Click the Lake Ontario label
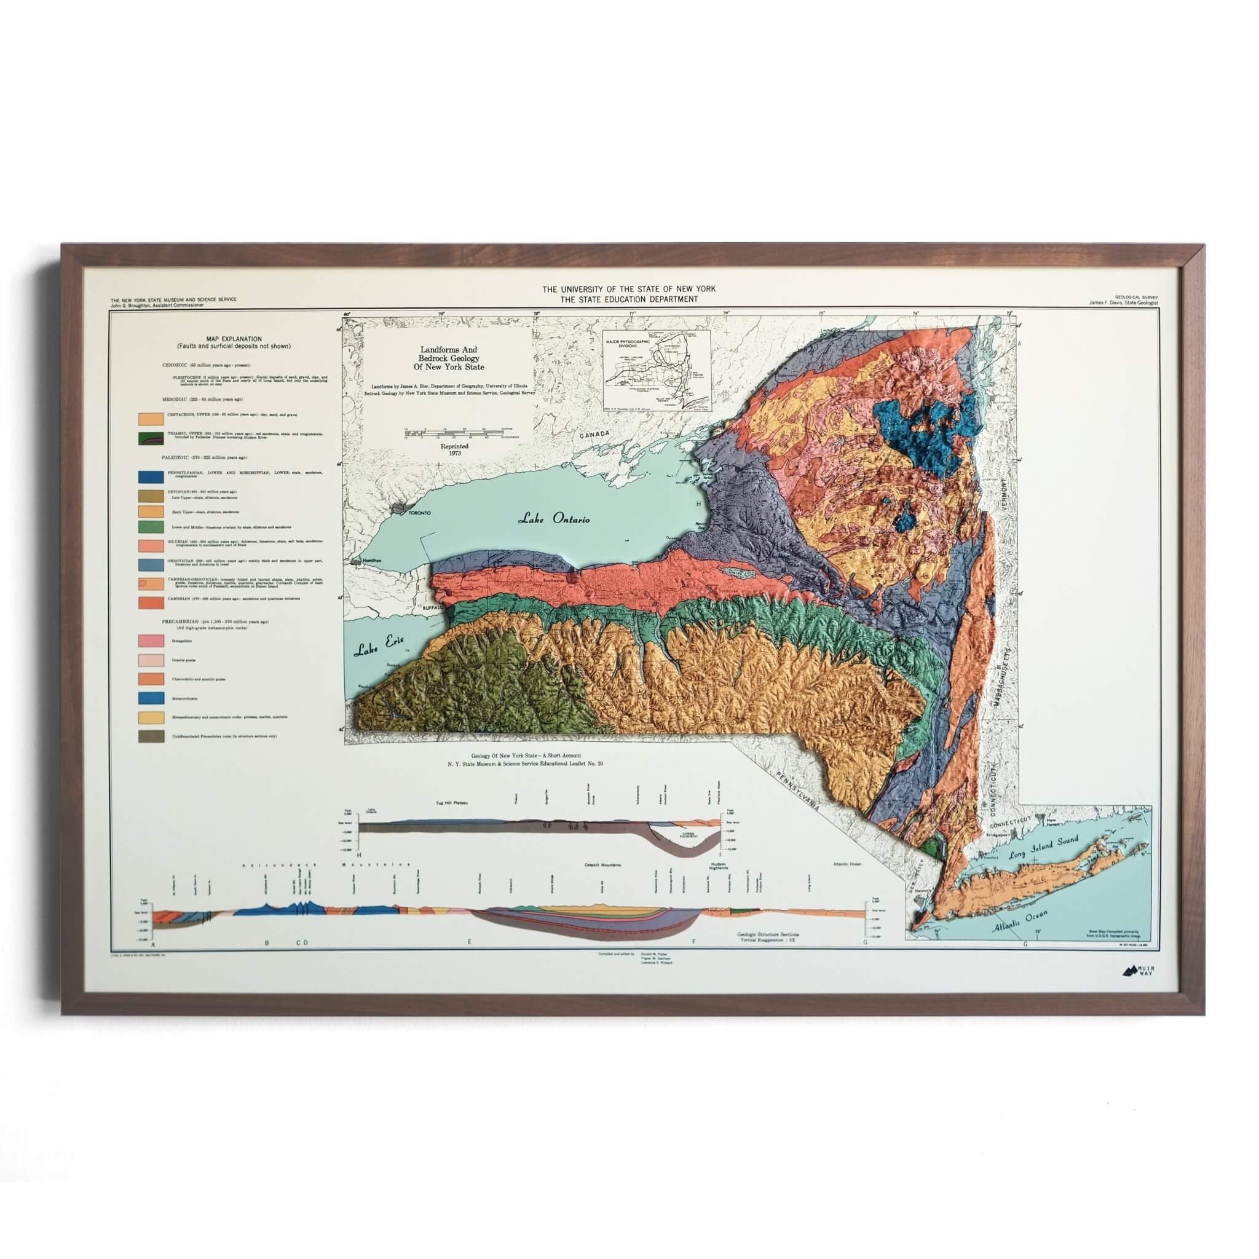click(554, 519)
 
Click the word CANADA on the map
click(594, 435)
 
